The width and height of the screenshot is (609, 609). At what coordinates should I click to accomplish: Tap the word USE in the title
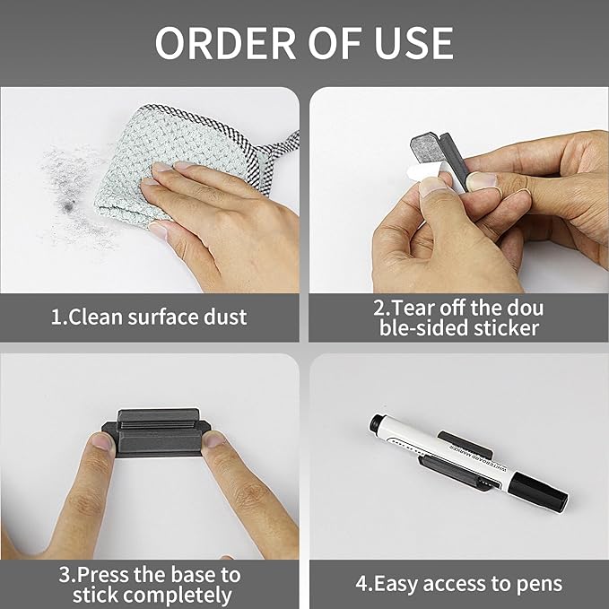click(x=409, y=42)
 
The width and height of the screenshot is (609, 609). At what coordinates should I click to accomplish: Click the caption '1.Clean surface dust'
click(x=149, y=317)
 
